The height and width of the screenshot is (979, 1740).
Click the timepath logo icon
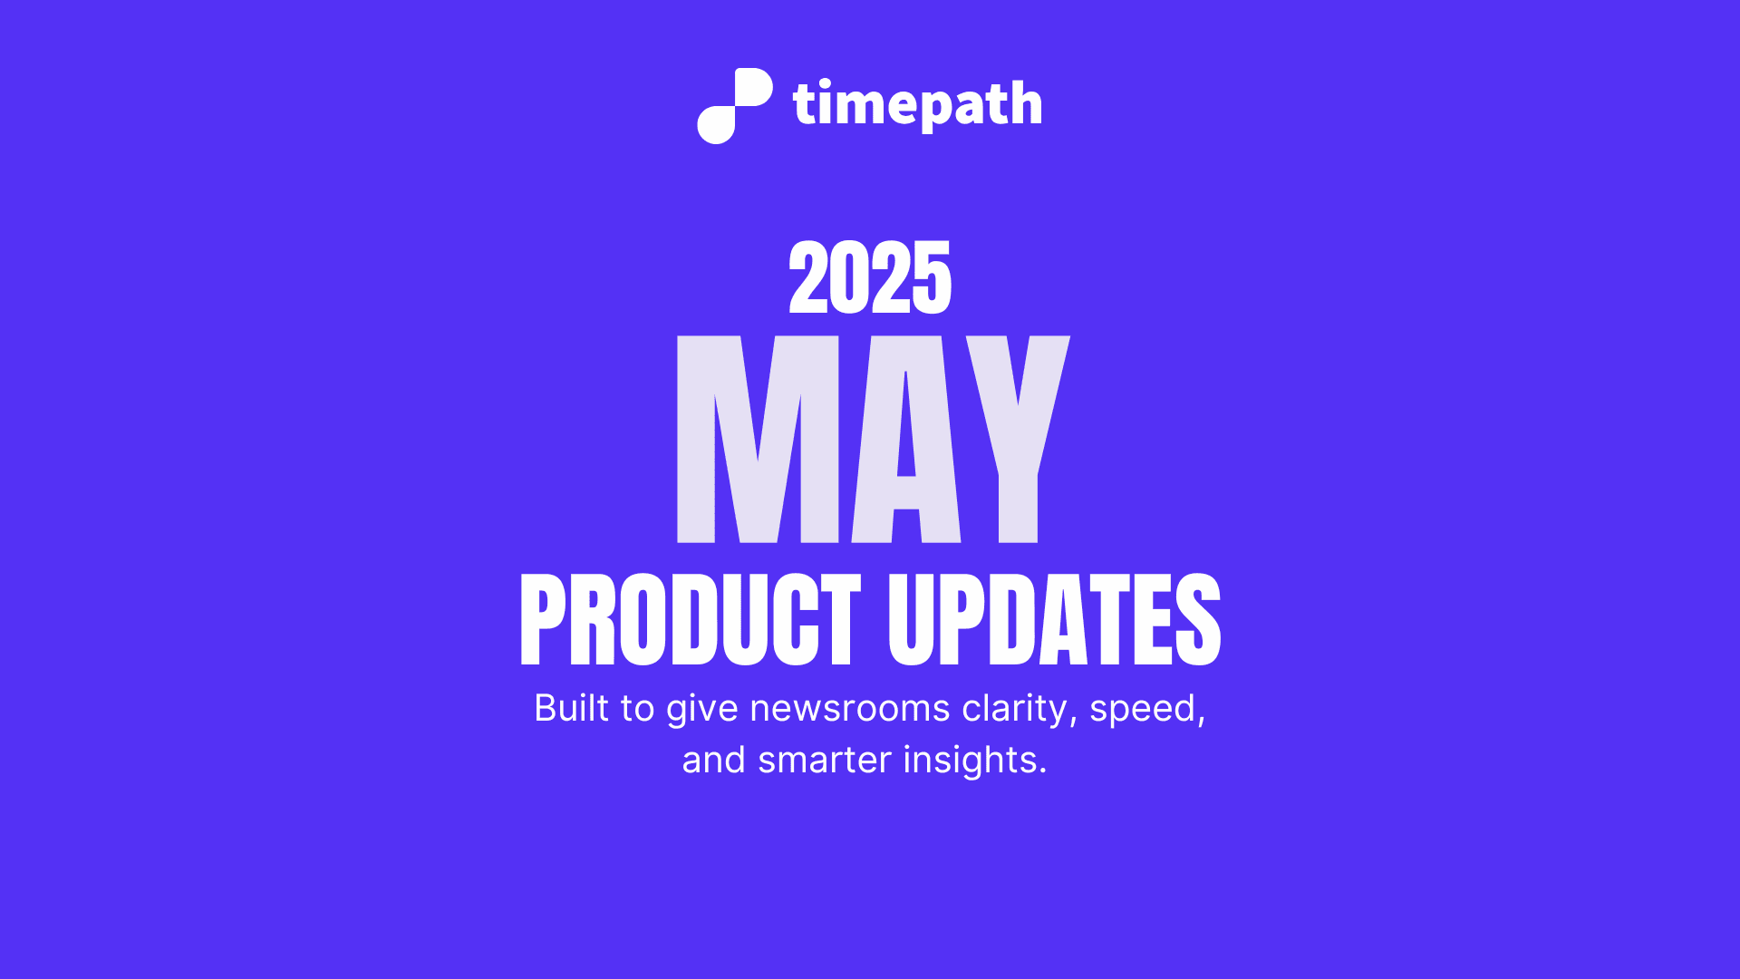(x=734, y=105)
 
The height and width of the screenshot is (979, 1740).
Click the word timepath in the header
(x=917, y=104)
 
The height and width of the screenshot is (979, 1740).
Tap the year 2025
(x=870, y=278)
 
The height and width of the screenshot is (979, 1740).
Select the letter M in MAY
(x=758, y=440)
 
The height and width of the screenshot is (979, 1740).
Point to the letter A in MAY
(x=906, y=440)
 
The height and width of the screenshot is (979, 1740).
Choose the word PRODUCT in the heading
(x=690, y=620)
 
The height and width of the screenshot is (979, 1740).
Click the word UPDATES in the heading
(x=1054, y=620)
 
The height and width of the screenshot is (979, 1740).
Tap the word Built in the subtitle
(x=571, y=708)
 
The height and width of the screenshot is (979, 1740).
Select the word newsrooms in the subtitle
(x=849, y=708)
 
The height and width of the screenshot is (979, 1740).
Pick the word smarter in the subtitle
(x=824, y=760)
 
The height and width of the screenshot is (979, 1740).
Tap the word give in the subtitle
(x=701, y=708)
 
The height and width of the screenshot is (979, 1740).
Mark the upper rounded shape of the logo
(x=751, y=88)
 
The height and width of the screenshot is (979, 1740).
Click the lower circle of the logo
(x=717, y=124)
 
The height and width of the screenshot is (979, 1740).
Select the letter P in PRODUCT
(x=542, y=620)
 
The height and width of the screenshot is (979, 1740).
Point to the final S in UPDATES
(x=1198, y=620)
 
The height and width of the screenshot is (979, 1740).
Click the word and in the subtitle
(x=713, y=760)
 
